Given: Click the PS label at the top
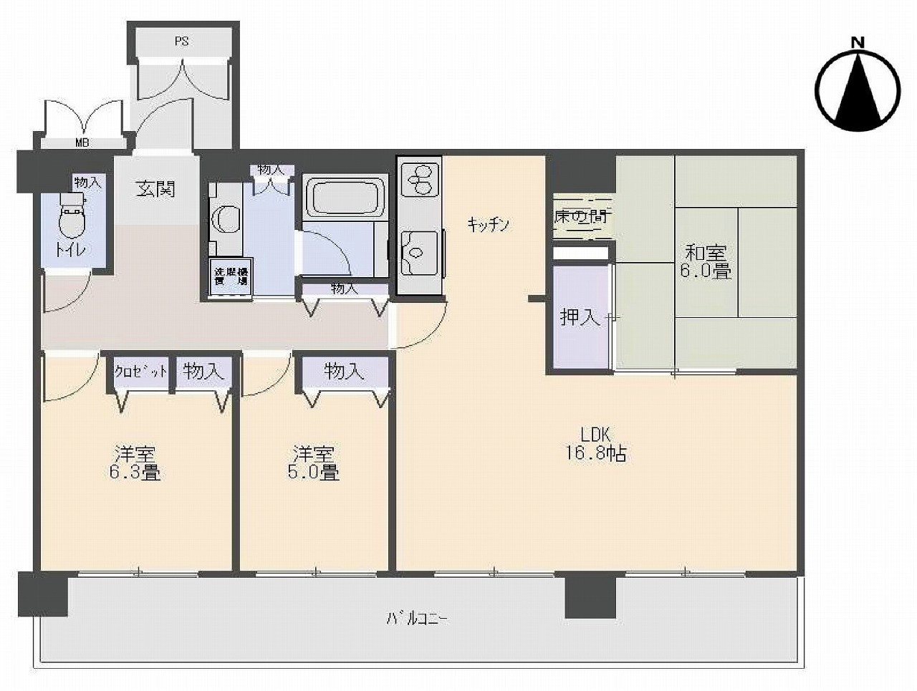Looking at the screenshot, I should click(x=181, y=42).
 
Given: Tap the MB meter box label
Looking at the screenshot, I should click(x=82, y=142).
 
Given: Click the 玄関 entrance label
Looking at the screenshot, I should click(x=156, y=189).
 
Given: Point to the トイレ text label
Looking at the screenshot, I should click(x=70, y=250).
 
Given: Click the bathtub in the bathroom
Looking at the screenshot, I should click(x=345, y=195).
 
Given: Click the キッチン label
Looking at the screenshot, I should click(x=488, y=225).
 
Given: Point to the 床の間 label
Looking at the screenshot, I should click(x=580, y=216).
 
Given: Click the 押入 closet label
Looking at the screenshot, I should click(x=580, y=316).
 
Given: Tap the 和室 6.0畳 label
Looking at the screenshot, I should click(x=706, y=262).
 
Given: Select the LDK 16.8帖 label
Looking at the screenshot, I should click(x=596, y=444).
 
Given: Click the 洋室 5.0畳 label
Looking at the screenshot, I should click(x=315, y=463).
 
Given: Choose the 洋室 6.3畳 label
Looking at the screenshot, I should click(x=136, y=463).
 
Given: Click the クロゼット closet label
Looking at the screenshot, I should click(x=140, y=372).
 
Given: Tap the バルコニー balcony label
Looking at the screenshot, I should click(x=418, y=618).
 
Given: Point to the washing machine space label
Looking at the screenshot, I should click(x=230, y=275).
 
